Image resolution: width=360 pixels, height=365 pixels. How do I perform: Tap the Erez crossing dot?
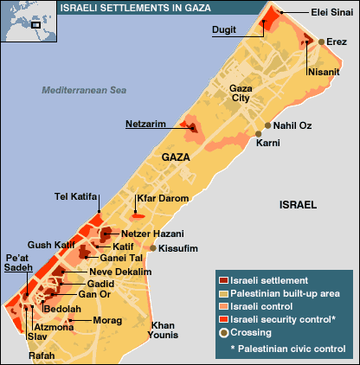pos(321,42)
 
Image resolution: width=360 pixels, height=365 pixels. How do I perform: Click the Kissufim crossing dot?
pos(153,248)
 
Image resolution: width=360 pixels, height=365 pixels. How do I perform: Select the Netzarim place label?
pos(145,122)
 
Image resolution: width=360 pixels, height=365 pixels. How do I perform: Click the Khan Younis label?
pos(163,330)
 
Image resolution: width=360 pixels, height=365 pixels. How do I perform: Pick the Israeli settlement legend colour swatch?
pos(223,281)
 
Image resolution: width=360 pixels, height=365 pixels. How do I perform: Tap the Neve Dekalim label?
pos(120,272)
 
